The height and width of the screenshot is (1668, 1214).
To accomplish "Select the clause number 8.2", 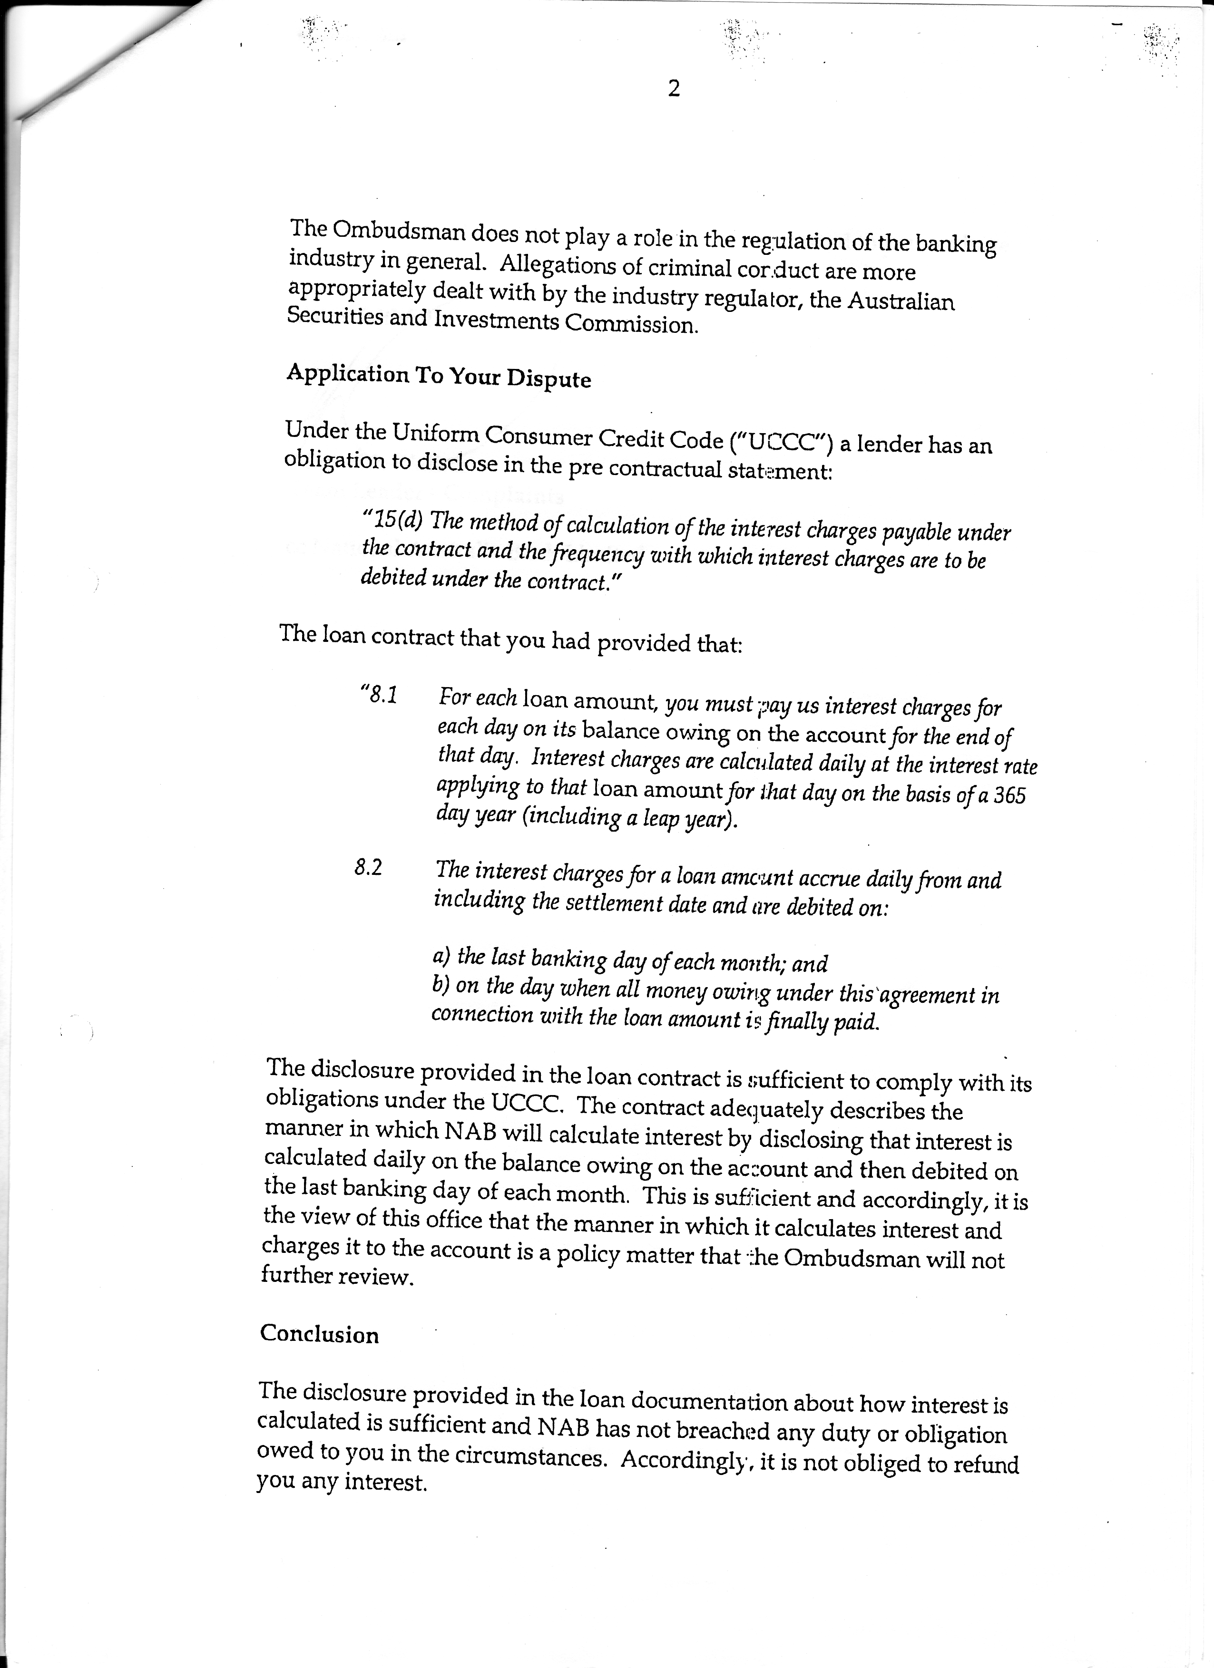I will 368,868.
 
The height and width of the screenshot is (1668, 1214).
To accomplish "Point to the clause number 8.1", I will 378,694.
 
